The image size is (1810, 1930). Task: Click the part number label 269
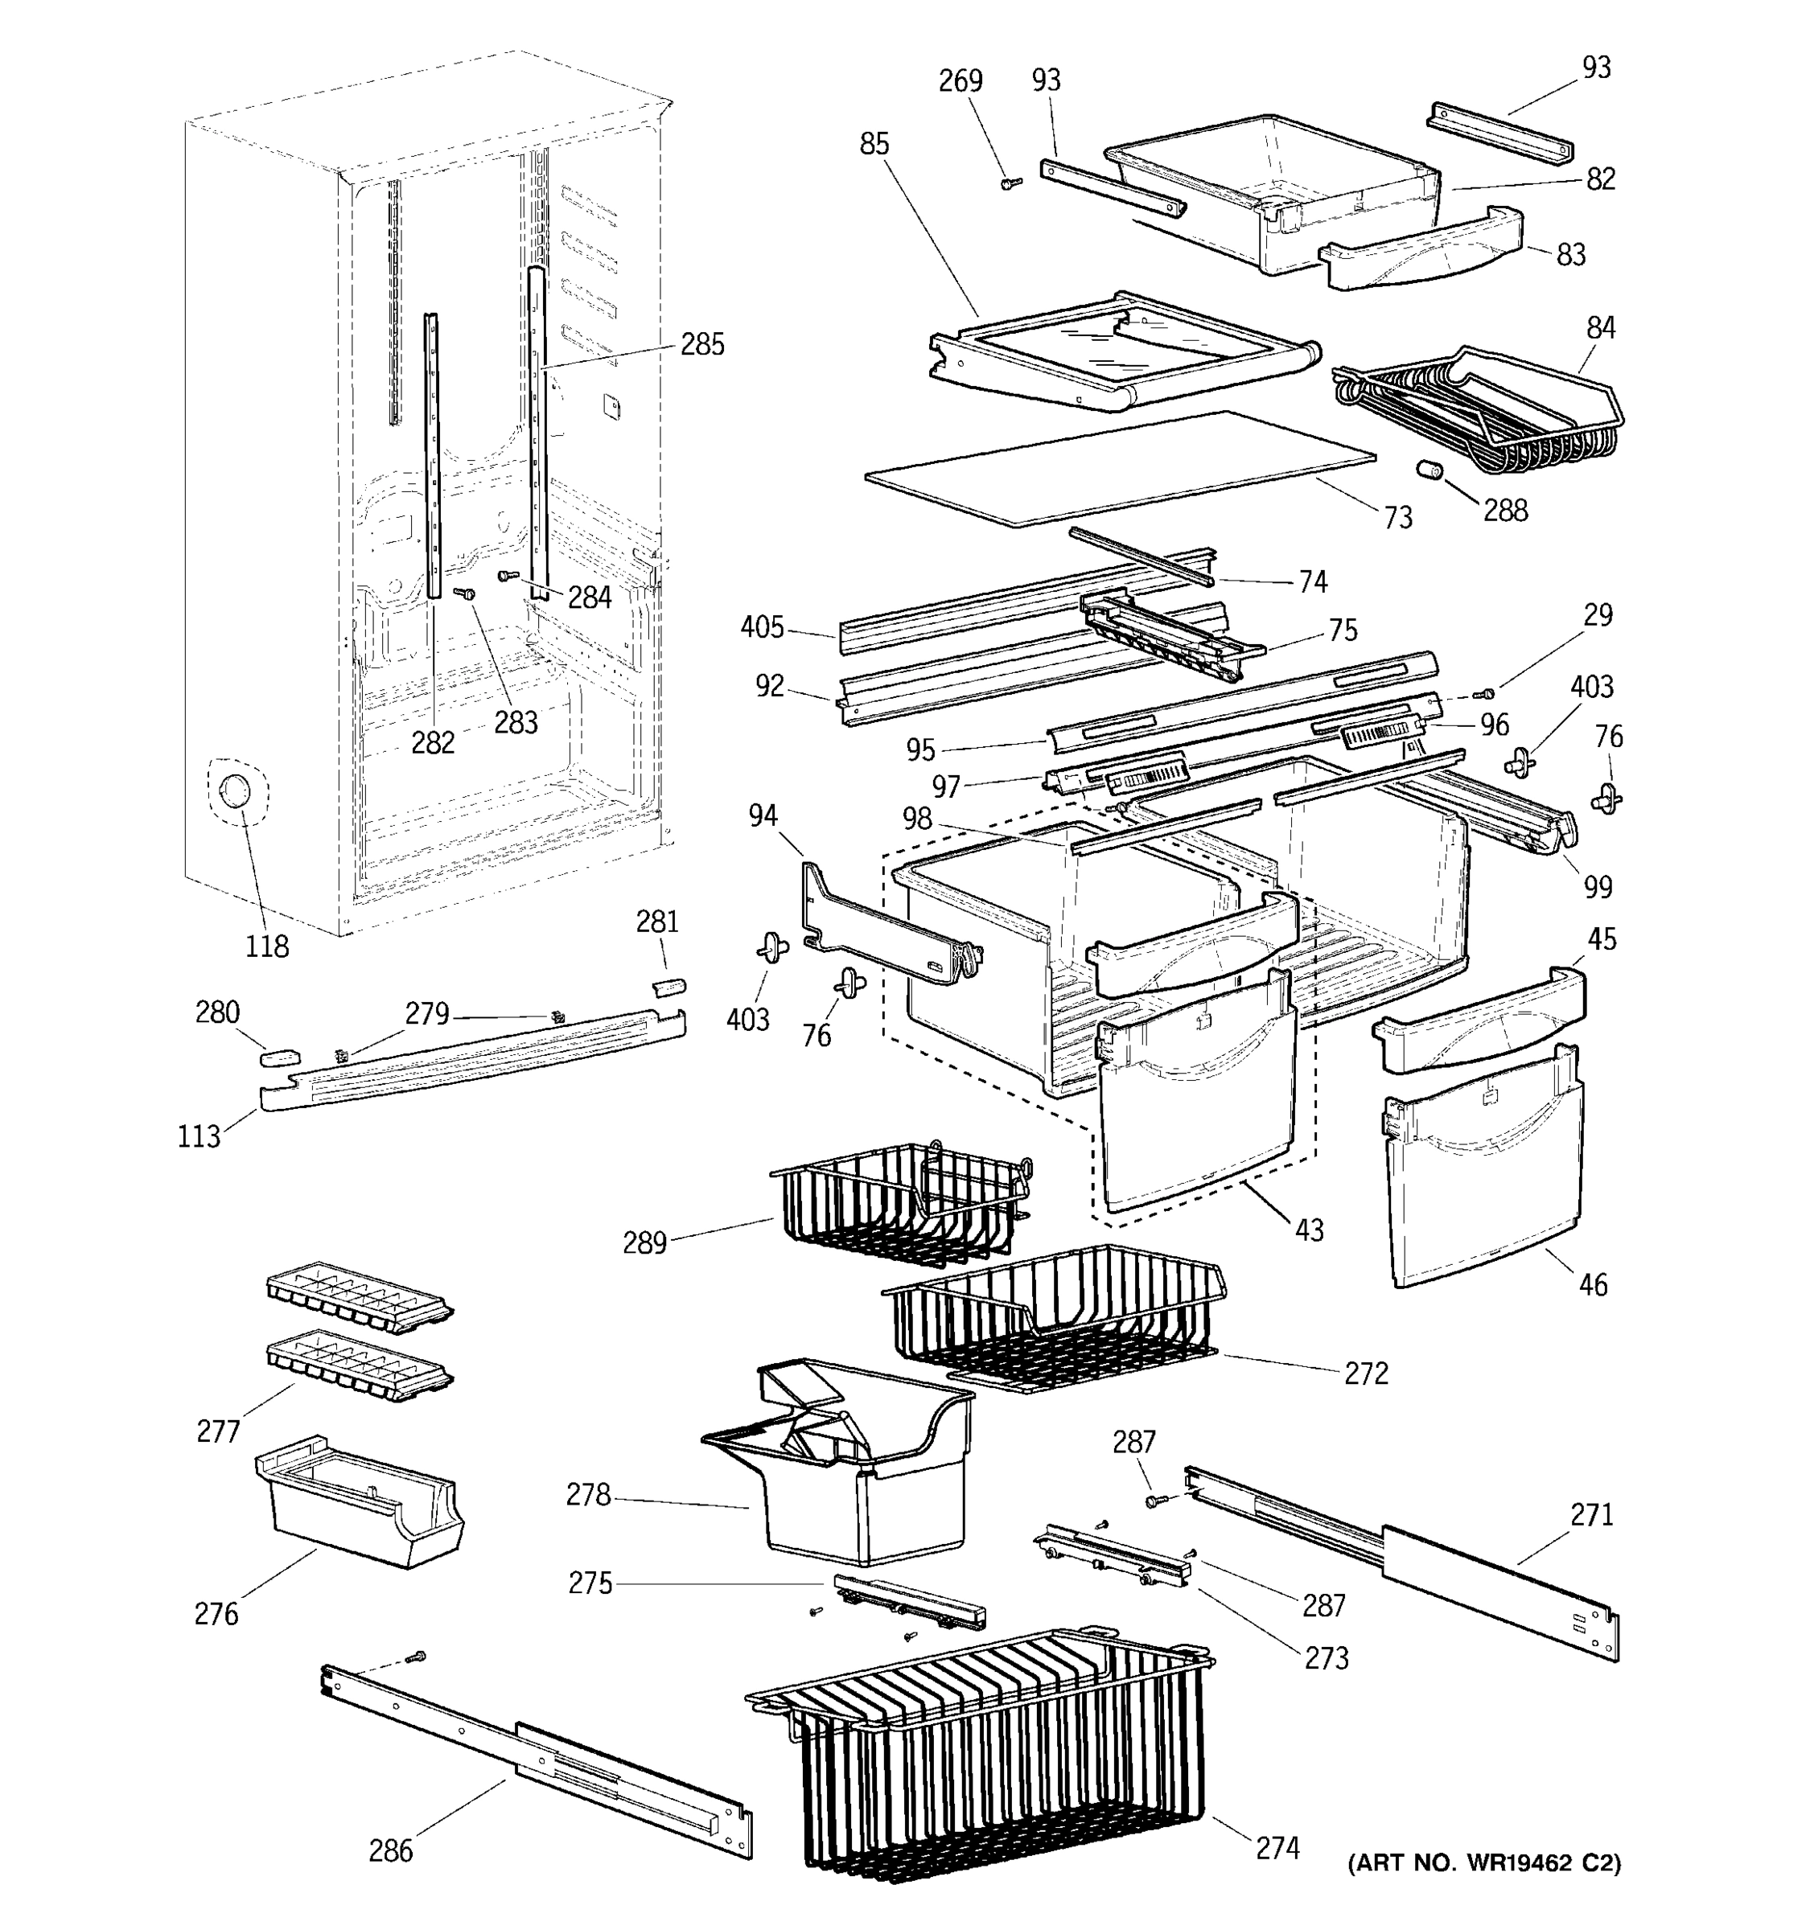coord(960,80)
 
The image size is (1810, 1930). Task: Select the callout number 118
coord(266,946)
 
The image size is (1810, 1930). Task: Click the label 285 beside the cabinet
coord(701,345)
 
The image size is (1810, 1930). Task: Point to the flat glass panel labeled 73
coord(1117,469)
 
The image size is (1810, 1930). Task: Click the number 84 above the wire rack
coord(1600,328)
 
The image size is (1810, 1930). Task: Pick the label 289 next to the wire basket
coord(645,1242)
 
